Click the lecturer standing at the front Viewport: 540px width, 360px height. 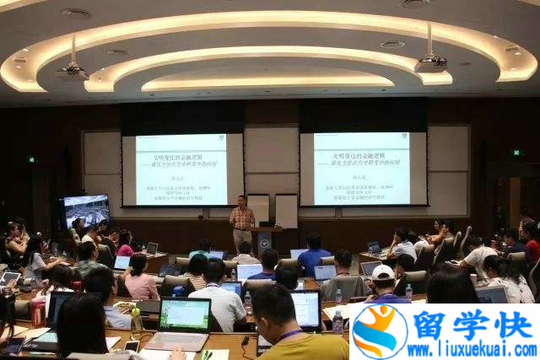coord(242,221)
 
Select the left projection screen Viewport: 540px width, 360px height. coord(181,169)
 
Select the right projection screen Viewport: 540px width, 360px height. coord(361,168)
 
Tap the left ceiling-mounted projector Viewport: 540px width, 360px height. coord(72,72)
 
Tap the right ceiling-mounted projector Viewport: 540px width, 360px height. coord(431,63)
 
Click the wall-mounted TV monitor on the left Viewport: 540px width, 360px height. coord(85,210)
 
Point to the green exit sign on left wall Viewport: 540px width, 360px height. coord(32,159)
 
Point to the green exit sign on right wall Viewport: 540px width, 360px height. coord(517,153)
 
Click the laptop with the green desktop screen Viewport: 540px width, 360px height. coord(185,315)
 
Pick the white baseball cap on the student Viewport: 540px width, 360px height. coord(383,272)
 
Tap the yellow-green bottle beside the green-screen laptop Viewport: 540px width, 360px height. coord(136,319)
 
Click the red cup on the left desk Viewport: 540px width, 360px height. coord(36,313)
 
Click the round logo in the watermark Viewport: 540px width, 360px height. coord(379,331)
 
